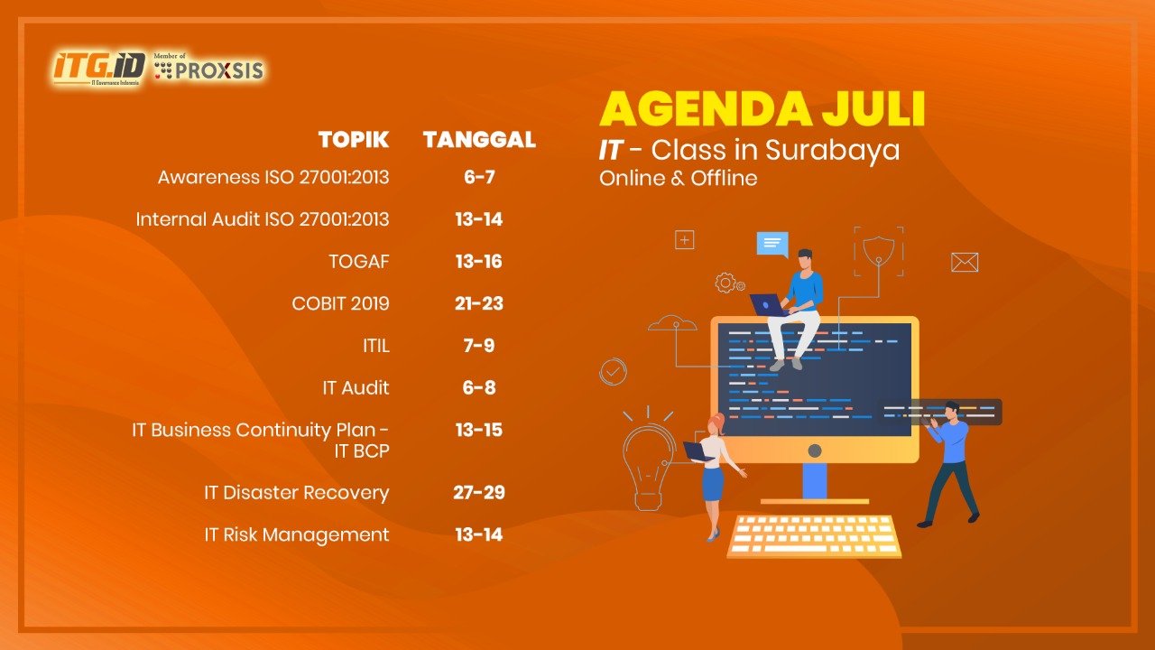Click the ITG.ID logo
pyautogui.click(x=98, y=68)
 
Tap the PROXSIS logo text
pyautogui.click(x=218, y=70)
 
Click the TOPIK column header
pyautogui.click(x=354, y=140)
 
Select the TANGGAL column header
pyautogui.click(x=479, y=140)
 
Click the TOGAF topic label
pyautogui.click(x=359, y=262)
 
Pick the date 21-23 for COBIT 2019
pyautogui.click(x=479, y=303)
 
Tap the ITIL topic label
pyautogui.click(x=376, y=346)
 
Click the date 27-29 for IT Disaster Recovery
pyautogui.click(x=479, y=493)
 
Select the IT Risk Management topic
pyautogui.click(x=297, y=535)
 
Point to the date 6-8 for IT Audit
pyautogui.click(x=479, y=387)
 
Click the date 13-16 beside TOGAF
pyautogui.click(x=479, y=262)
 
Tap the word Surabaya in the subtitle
pyautogui.click(x=832, y=151)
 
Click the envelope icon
pyautogui.click(x=965, y=262)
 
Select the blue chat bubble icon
pyautogui.click(x=772, y=245)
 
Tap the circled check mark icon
pyautogui.click(x=613, y=371)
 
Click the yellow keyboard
pyautogui.click(x=814, y=536)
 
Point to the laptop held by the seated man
pyautogui.click(x=767, y=304)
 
